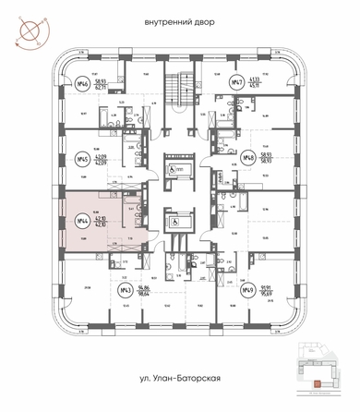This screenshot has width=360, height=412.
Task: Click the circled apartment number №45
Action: pyautogui.click(x=84, y=158)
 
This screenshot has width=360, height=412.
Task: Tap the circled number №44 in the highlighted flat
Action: pyautogui.click(x=84, y=222)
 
